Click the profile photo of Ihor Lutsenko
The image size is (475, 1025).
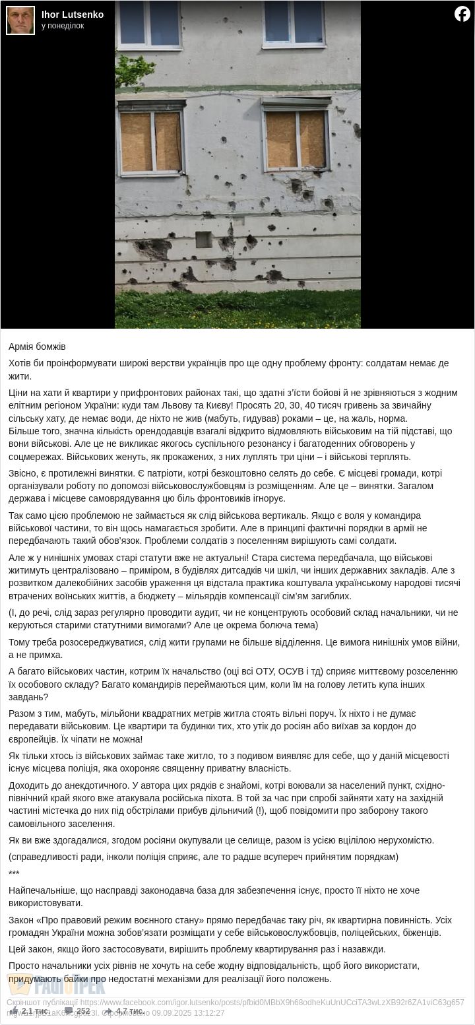[x=20, y=20]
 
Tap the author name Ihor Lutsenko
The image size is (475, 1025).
[x=73, y=15]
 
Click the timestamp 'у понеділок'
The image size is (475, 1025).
[x=63, y=26]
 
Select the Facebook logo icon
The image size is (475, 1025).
[x=462, y=14]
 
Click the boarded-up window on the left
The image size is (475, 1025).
[x=151, y=140]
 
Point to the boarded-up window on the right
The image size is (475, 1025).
[x=296, y=138]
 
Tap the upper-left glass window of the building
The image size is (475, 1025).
[x=149, y=23]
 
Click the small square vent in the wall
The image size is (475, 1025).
[x=204, y=239]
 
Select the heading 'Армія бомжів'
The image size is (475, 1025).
[x=37, y=347]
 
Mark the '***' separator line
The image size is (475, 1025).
[x=14, y=874]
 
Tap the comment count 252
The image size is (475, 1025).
[x=83, y=1011]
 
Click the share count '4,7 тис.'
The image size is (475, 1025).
[x=130, y=1011]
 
